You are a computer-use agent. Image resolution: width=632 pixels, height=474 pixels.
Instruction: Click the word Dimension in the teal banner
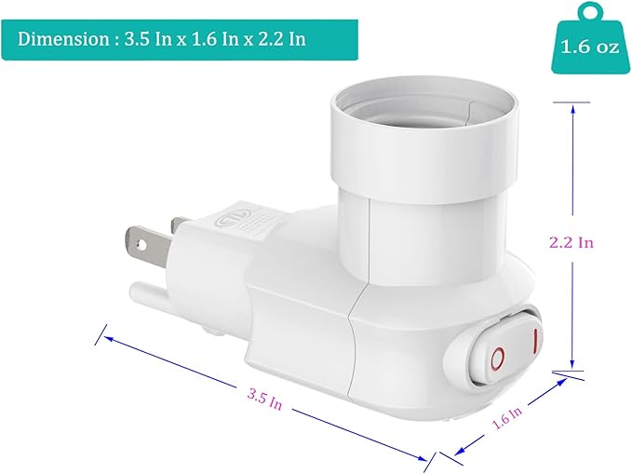61,39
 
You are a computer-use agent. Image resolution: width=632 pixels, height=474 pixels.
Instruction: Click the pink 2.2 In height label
571,241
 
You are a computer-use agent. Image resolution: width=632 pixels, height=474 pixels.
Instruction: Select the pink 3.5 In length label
265,398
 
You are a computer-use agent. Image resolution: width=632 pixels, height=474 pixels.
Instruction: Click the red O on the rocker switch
498,357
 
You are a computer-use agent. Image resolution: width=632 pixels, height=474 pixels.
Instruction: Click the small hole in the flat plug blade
142,247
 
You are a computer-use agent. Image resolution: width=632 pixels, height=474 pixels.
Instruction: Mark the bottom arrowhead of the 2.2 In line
572,368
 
